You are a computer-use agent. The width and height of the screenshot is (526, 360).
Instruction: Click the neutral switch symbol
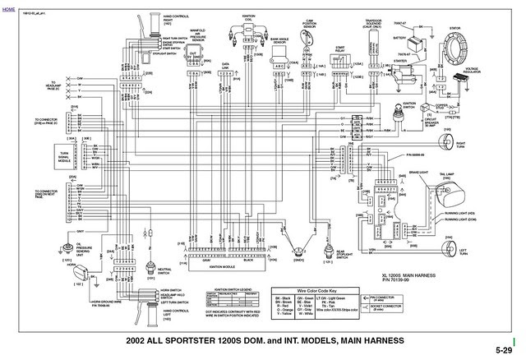[x=150, y=268]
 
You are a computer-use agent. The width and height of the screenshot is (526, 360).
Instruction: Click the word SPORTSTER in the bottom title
[x=195, y=340]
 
